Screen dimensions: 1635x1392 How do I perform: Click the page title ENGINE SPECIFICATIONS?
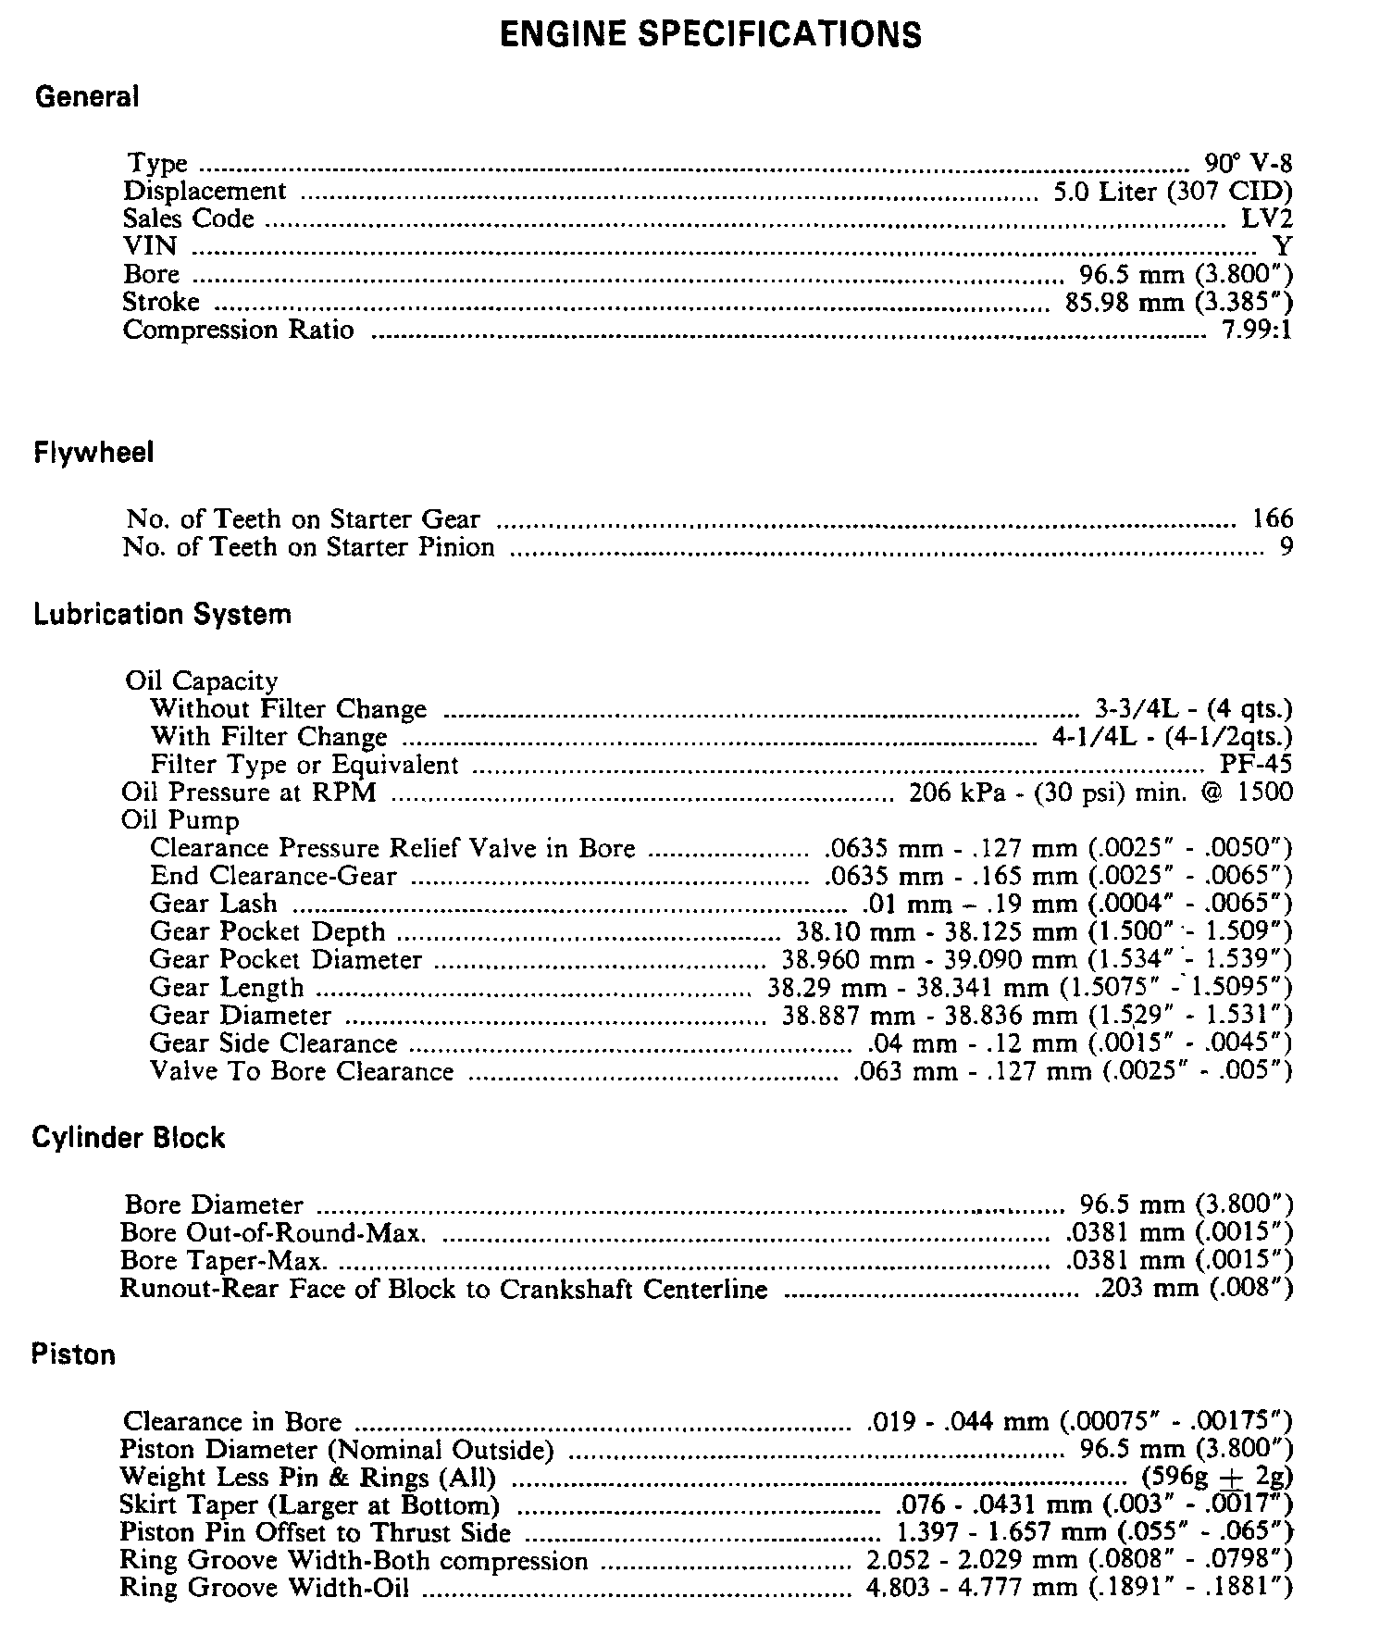[710, 35]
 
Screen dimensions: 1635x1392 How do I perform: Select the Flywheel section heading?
[93, 454]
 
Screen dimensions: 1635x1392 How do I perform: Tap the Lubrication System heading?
[162, 615]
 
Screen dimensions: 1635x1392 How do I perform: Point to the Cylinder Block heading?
[129, 1138]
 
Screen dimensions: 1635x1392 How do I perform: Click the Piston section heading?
[74, 1355]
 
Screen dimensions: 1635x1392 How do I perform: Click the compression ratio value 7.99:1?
[1256, 331]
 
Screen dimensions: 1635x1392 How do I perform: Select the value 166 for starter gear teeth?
[1273, 518]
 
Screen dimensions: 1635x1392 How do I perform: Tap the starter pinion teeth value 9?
[1286, 547]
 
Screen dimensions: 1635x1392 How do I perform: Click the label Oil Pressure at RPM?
[249, 793]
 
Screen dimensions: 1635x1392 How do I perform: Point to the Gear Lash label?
[213, 904]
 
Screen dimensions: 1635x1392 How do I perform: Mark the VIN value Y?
[1283, 247]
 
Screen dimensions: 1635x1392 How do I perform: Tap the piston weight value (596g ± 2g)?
[1217, 1477]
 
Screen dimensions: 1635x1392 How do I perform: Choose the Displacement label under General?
[205, 192]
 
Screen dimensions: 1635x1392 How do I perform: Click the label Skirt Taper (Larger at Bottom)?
[309, 1504]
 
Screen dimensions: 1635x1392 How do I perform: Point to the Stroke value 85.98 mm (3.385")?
[1178, 303]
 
